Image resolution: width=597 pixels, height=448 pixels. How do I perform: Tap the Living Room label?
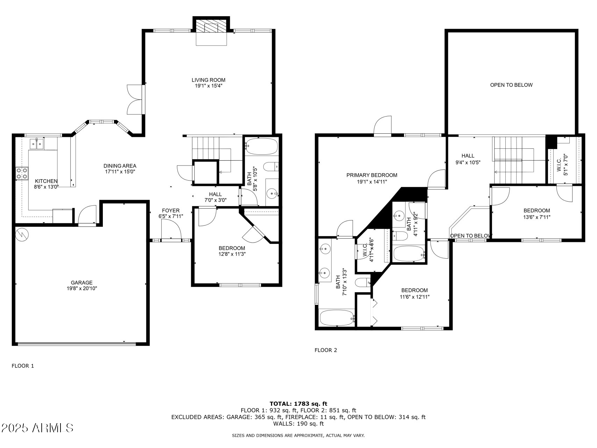click(208, 80)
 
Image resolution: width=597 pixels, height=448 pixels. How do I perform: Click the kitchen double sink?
click(36, 143)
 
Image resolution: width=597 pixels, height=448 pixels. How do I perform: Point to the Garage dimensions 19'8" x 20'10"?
click(82, 289)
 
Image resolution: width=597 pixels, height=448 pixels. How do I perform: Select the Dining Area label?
click(120, 166)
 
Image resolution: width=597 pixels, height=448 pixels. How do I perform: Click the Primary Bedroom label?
click(372, 175)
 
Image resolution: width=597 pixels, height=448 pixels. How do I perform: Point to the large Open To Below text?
click(511, 85)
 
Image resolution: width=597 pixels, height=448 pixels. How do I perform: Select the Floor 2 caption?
click(326, 350)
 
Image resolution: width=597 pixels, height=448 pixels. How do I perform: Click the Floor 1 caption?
click(23, 366)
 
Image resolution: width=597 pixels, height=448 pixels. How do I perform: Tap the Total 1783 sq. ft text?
click(298, 404)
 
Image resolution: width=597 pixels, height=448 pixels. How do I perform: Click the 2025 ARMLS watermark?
click(37, 428)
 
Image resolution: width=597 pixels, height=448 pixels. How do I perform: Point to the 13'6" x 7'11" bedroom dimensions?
click(536, 217)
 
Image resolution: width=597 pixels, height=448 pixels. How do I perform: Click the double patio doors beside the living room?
click(136, 99)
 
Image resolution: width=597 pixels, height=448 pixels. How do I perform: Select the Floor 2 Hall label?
click(468, 156)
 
